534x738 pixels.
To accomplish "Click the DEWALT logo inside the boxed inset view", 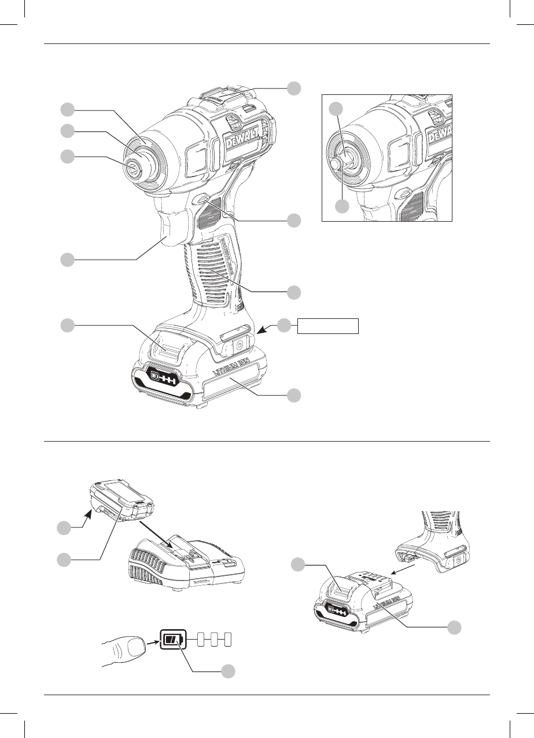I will tap(440, 135).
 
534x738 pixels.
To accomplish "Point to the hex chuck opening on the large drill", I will tap(134, 169).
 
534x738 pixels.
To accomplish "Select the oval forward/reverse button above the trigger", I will tap(201, 199).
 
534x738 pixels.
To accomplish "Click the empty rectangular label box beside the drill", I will tap(328, 326).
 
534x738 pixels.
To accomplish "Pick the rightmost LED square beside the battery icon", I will tap(227, 640).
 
